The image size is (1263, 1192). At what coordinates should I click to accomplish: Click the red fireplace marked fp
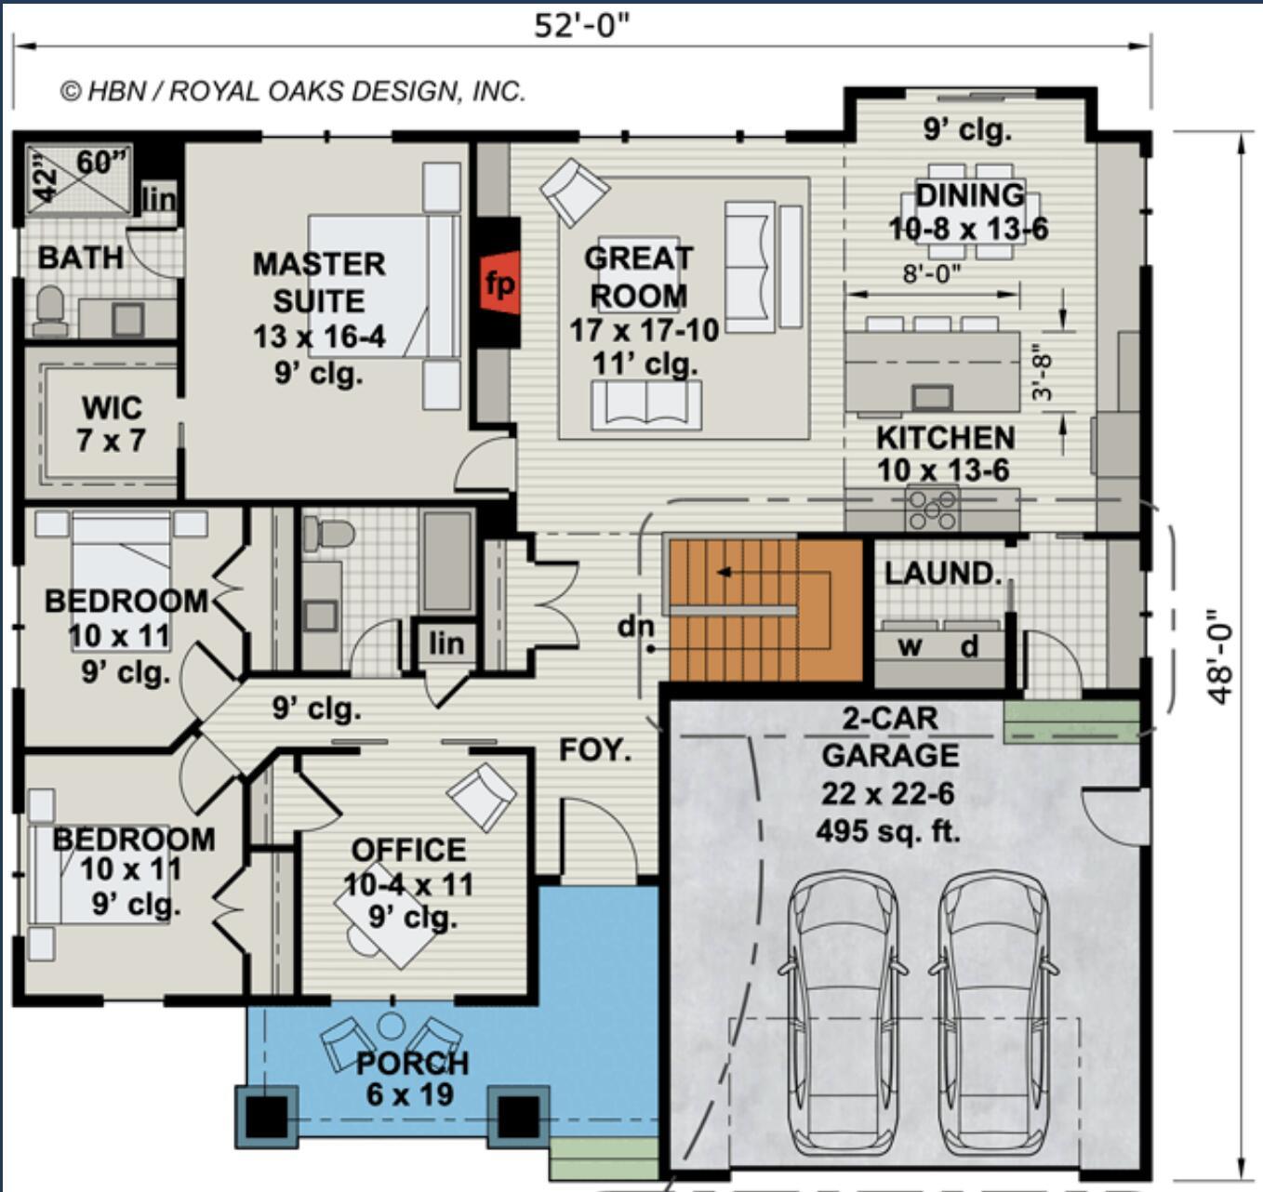[499, 283]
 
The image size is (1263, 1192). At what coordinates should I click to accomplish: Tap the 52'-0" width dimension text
[581, 25]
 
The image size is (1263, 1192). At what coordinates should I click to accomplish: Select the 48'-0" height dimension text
[1220, 656]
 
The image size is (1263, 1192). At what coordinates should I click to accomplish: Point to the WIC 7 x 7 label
[111, 424]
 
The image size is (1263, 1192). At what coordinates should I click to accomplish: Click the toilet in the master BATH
[49, 311]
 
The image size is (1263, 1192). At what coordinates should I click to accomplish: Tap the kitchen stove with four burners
[932, 509]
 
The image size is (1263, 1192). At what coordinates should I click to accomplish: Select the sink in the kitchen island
[931, 398]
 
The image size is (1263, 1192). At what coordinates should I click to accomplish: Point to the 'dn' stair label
[635, 627]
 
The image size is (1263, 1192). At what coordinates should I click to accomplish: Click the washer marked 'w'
[909, 646]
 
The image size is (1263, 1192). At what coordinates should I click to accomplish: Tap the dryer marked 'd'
[969, 646]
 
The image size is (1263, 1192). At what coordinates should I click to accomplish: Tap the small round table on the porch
[392, 1026]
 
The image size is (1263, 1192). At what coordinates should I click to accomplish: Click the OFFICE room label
[408, 850]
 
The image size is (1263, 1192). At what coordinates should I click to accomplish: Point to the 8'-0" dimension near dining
[932, 273]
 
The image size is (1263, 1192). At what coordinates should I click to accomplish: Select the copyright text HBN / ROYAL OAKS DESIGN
[293, 91]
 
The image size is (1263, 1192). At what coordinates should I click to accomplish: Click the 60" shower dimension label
[100, 163]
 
